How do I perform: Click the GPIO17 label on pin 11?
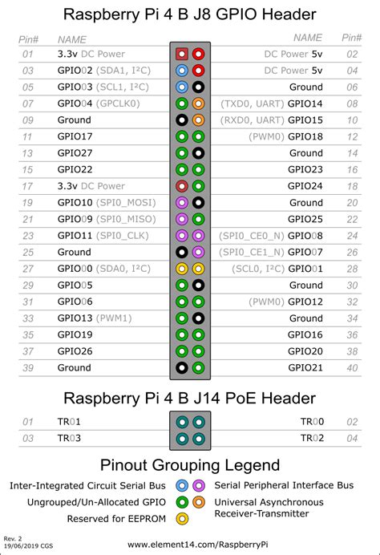tap(75, 137)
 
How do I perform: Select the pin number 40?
tap(351, 367)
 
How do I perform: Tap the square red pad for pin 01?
tap(182, 55)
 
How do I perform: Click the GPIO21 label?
tap(305, 367)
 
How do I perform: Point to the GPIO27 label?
tap(75, 153)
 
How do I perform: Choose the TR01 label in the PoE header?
tap(69, 422)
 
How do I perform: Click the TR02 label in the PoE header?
tap(312, 438)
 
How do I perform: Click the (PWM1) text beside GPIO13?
tap(115, 318)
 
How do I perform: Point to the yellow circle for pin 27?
tap(182, 269)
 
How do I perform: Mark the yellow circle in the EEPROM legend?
tap(182, 518)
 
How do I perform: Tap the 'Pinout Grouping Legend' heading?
tap(190, 465)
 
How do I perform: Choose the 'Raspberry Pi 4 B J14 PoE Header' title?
tap(190, 399)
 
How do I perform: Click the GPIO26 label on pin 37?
tap(75, 351)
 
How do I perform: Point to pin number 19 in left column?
tap(29, 203)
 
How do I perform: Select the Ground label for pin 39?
tap(75, 367)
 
